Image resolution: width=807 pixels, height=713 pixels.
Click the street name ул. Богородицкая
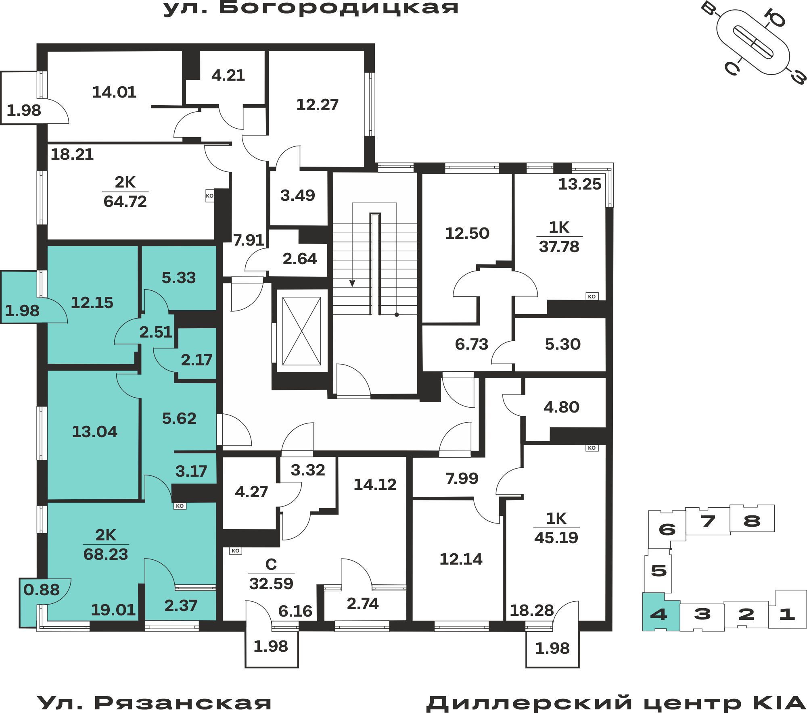click(311, 8)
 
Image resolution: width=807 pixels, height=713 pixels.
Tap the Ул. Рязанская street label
click(155, 703)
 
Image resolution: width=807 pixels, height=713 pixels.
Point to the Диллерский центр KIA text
click(616, 703)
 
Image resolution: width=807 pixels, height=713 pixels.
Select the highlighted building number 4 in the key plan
click(659, 614)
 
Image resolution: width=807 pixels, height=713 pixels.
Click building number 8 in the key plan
click(752, 521)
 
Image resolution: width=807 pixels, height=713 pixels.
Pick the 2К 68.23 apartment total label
click(106, 545)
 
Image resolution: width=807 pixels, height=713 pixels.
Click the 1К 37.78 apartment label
click(559, 237)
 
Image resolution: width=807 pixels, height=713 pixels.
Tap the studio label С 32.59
click(271, 574)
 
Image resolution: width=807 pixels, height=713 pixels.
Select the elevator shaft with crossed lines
click(301, 331)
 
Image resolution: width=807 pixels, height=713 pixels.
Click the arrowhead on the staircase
click(352, 284)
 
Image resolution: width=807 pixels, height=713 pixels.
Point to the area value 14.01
click(114, 92)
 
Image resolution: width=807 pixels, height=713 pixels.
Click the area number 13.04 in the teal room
click(94, 432)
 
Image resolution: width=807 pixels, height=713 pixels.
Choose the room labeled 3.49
click(298, 198)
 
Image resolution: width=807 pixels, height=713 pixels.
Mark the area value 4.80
click(562, 407)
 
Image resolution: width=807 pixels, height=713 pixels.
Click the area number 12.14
click(461, 559)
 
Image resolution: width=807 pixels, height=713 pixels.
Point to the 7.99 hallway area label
click(462, 479)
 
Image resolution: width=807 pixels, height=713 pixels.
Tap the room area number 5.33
click(179, 278)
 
